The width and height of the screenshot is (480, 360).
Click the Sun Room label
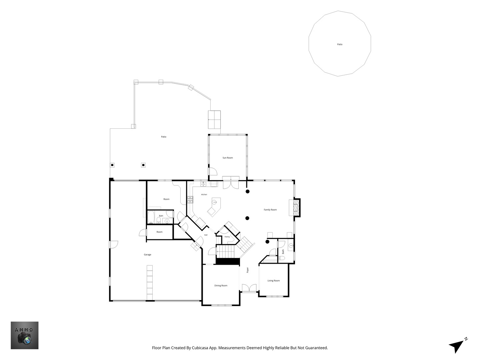[227, 158]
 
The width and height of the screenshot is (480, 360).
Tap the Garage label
[147, 254]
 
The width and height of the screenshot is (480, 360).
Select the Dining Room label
[221, 285]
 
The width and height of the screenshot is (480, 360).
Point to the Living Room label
[274, 281]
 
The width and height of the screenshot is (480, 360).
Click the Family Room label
[270, 210]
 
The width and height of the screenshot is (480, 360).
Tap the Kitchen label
[204, 195]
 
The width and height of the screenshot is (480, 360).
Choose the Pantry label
[227, 237]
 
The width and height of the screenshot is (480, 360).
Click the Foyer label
[248, 270]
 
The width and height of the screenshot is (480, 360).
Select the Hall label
[206, 235]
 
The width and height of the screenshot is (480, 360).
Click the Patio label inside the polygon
[340, 44]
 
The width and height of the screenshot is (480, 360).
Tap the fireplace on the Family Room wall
[297, 207]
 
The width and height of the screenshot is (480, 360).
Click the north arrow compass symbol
[458, 345]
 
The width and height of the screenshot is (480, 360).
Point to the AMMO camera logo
[24, 335]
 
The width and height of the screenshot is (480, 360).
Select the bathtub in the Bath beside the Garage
[151, 217]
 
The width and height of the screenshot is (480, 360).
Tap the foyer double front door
[249, 288]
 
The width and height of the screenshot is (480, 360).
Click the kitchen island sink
[214, 202]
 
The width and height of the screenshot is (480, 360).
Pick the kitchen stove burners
[190, 200]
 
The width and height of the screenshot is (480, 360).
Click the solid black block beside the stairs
[228, 261]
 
